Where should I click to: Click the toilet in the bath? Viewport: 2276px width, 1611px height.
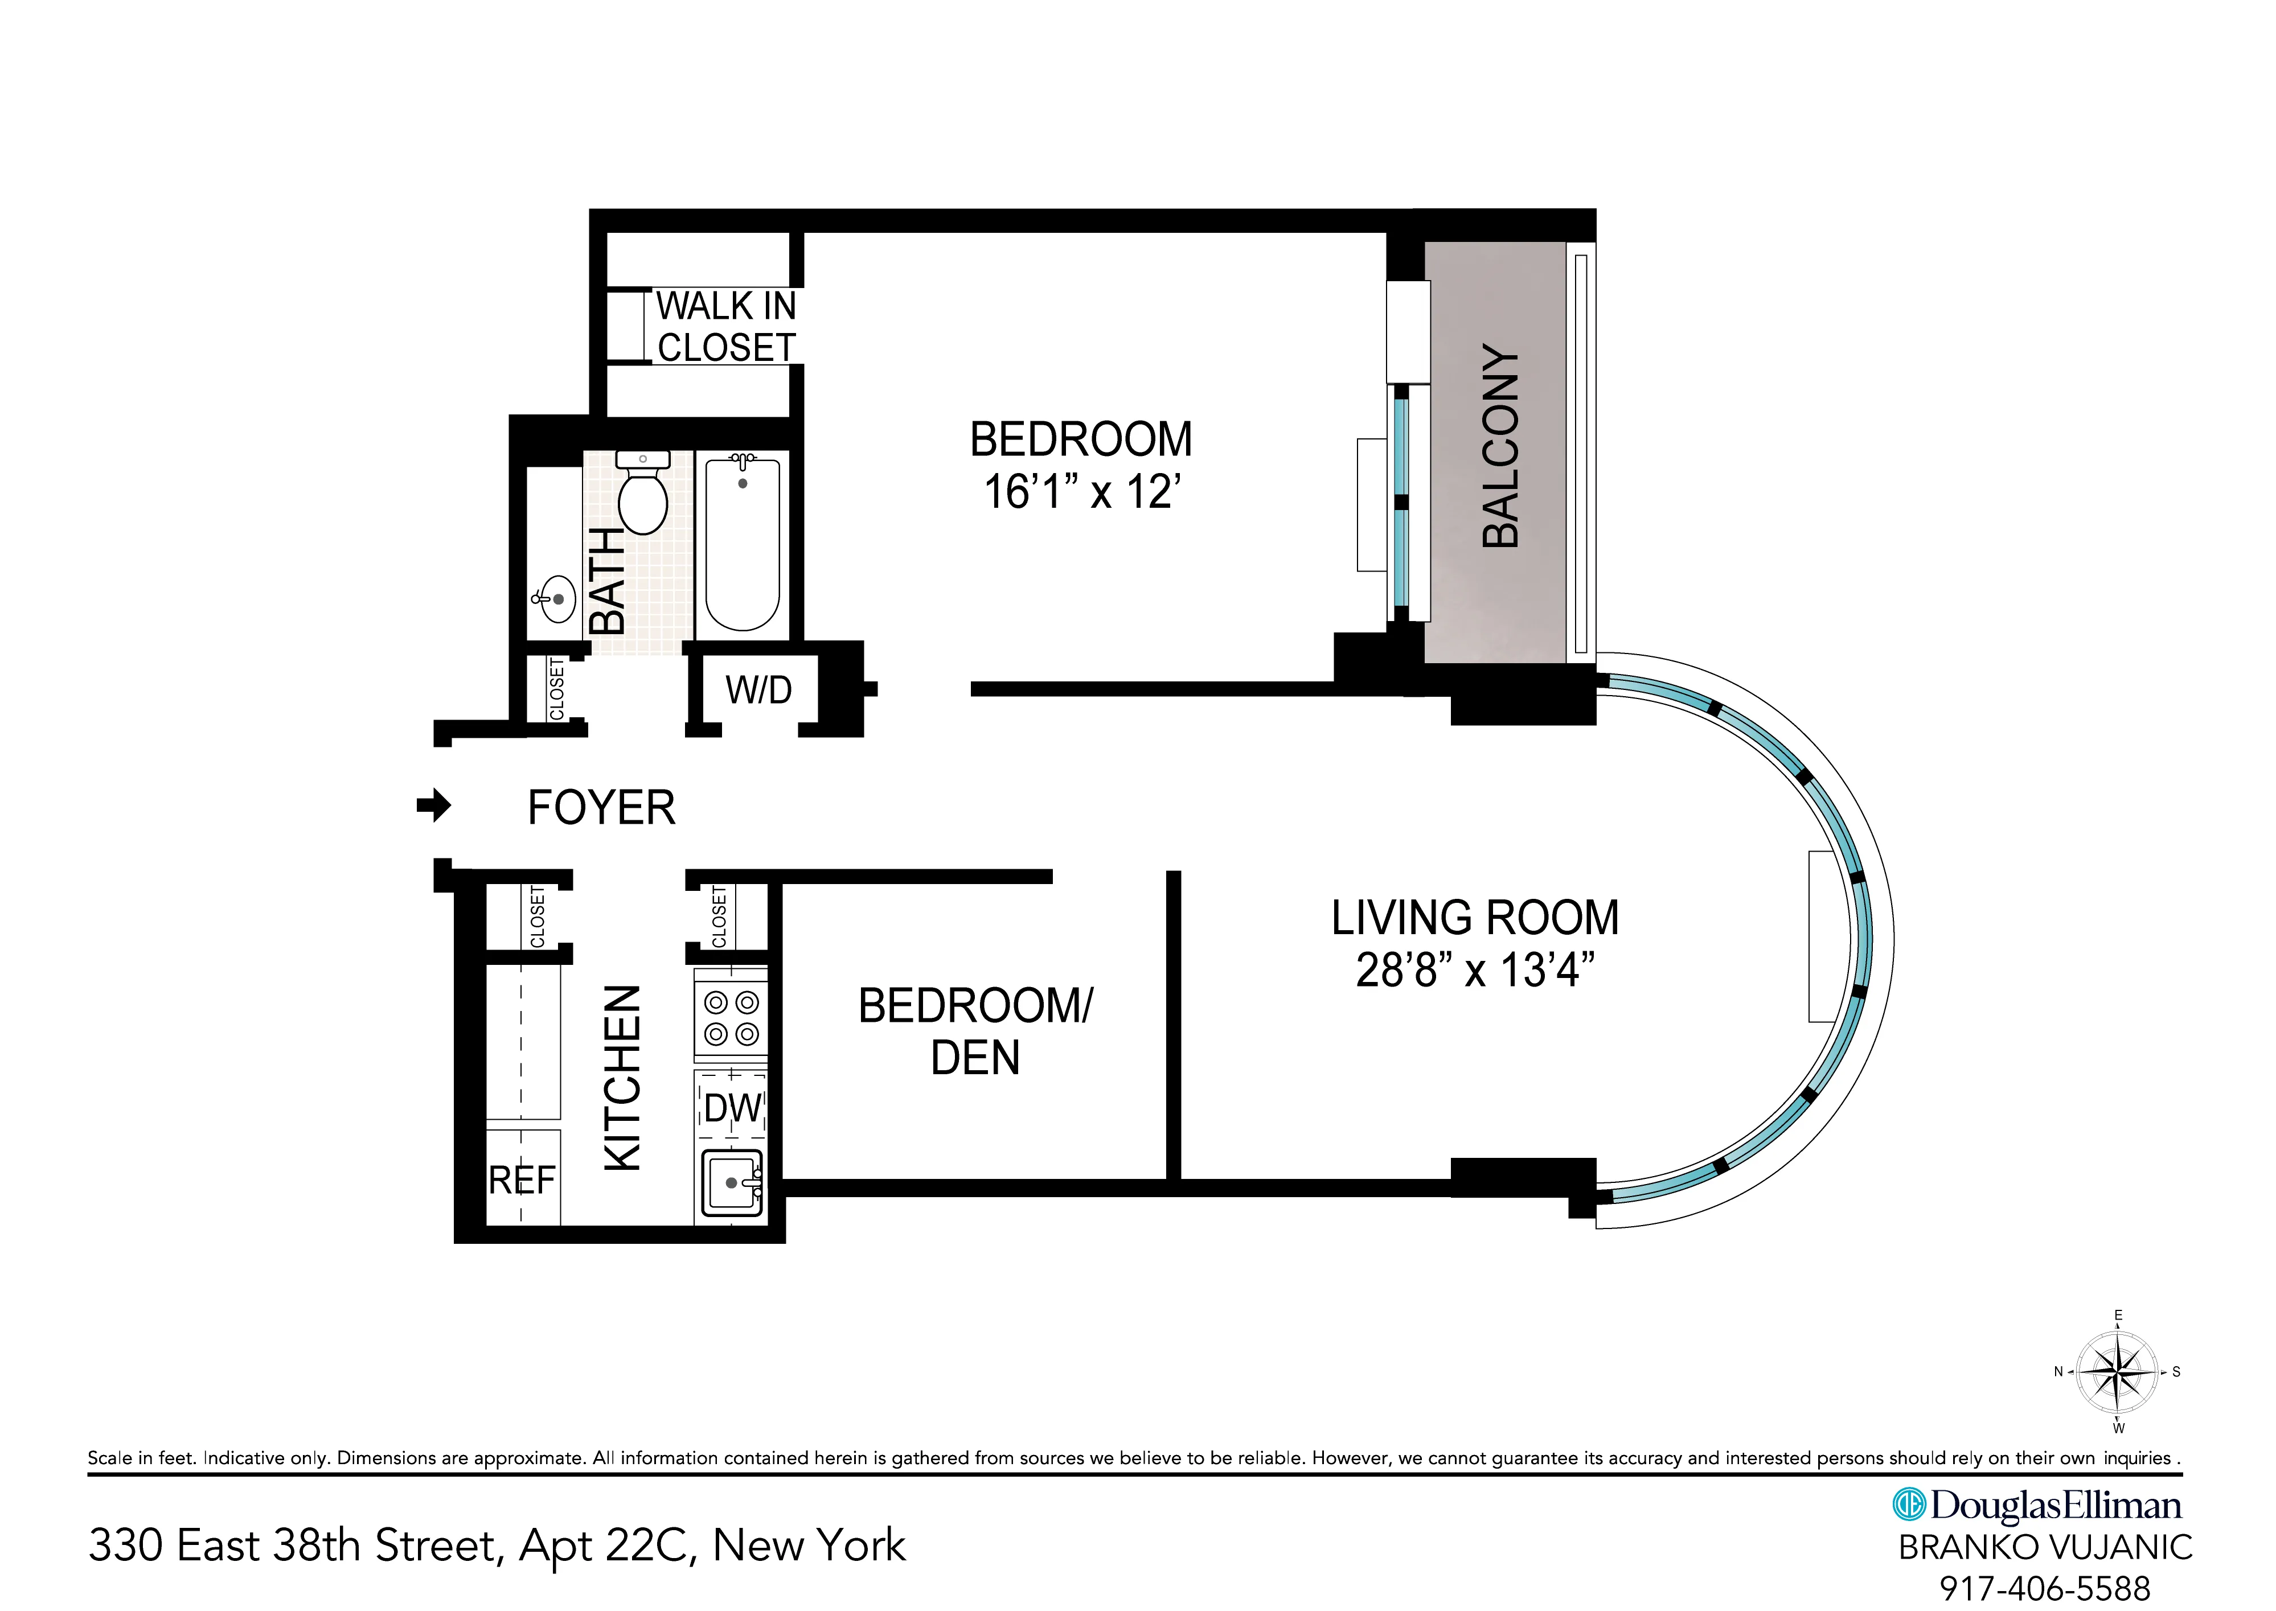click(x=642, y=496)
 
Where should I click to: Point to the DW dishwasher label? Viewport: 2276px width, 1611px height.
click(x=732, y=1108)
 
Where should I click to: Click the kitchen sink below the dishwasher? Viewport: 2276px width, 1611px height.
click(x=731, y=1182)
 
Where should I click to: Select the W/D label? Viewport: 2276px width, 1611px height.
click(x=759, y=689)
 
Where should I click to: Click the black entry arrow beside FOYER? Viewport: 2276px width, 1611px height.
click(x=433, y=805)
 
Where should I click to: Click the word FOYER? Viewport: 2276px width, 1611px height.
click(x=601, y=807)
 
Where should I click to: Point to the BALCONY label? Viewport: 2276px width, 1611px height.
click(x=1500, y=446)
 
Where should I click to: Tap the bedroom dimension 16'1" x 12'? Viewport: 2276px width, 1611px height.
click(x=1081, y=491)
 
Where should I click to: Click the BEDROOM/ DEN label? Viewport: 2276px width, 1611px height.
click(x=975, y=1031)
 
